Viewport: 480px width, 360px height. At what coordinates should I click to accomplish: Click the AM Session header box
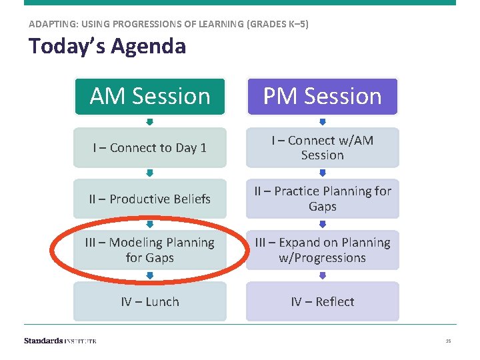(x=149, y=97)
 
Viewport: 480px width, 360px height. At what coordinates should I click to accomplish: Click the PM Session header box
(x=322, y=97)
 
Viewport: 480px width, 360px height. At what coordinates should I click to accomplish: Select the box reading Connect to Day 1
(x=149, y=148)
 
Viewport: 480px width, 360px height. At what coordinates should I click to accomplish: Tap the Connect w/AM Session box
(x=322, y=148)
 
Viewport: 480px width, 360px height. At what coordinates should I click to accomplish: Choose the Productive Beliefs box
(x=149, y=199)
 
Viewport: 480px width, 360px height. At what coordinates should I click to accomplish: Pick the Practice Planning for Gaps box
(x=322, y=199)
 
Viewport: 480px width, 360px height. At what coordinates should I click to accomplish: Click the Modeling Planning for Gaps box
(x=149, y=250)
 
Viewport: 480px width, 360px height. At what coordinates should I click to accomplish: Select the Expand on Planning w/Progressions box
(x=322, y=250)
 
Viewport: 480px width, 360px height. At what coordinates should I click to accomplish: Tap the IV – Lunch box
(x=149, y=301)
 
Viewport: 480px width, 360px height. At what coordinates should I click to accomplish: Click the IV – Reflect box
(x=322, y=301)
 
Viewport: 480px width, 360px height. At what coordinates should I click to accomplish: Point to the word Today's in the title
(x=67, y=47)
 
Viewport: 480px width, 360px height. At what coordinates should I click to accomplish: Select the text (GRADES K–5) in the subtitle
(x=277, y=24)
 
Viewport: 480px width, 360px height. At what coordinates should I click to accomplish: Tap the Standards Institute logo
(x=60, y=341)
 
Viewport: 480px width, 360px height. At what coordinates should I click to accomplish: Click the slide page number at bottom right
(x=448, y=341)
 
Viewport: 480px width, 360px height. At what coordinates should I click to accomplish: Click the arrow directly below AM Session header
(x=150, y=122)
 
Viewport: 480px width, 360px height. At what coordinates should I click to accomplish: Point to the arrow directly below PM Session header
(x=323, y=122)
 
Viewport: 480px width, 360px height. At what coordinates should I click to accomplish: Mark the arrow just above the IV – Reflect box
(x=323, y=275)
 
